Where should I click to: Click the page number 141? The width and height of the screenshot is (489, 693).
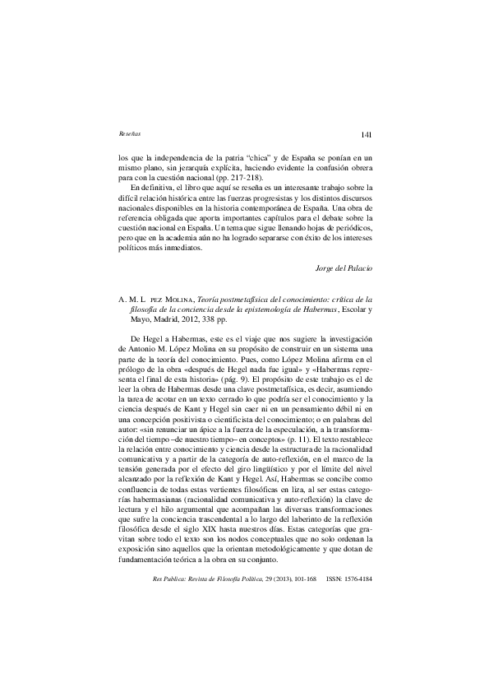point(367,134)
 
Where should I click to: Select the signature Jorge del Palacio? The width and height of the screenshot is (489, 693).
point(345,267)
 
